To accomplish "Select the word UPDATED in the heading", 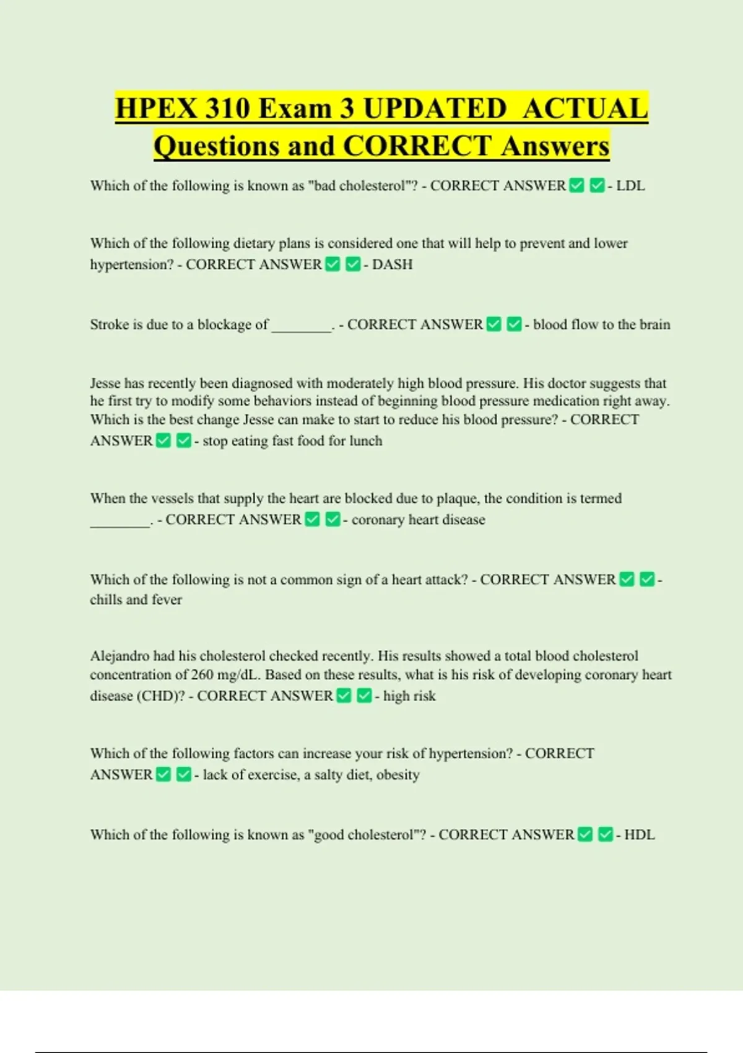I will [x=435, y=108].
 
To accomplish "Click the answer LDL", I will [x=630, y=186].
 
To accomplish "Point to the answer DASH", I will [x=392, y=264].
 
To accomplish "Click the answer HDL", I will [x=639, y=835].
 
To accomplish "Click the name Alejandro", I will [x=120, y=656].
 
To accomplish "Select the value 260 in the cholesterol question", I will [x=202, y=675].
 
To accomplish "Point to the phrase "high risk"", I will [x=409, y=696].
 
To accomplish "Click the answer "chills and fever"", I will [x=136, y=600].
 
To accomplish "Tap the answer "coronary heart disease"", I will [x=418, y=520].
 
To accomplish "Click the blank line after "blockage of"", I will [x=302, y=328].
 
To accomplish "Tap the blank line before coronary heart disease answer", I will [x=120, y=523].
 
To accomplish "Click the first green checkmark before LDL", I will [x=576, y=186].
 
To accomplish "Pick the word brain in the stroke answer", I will [x=655, y=325].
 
